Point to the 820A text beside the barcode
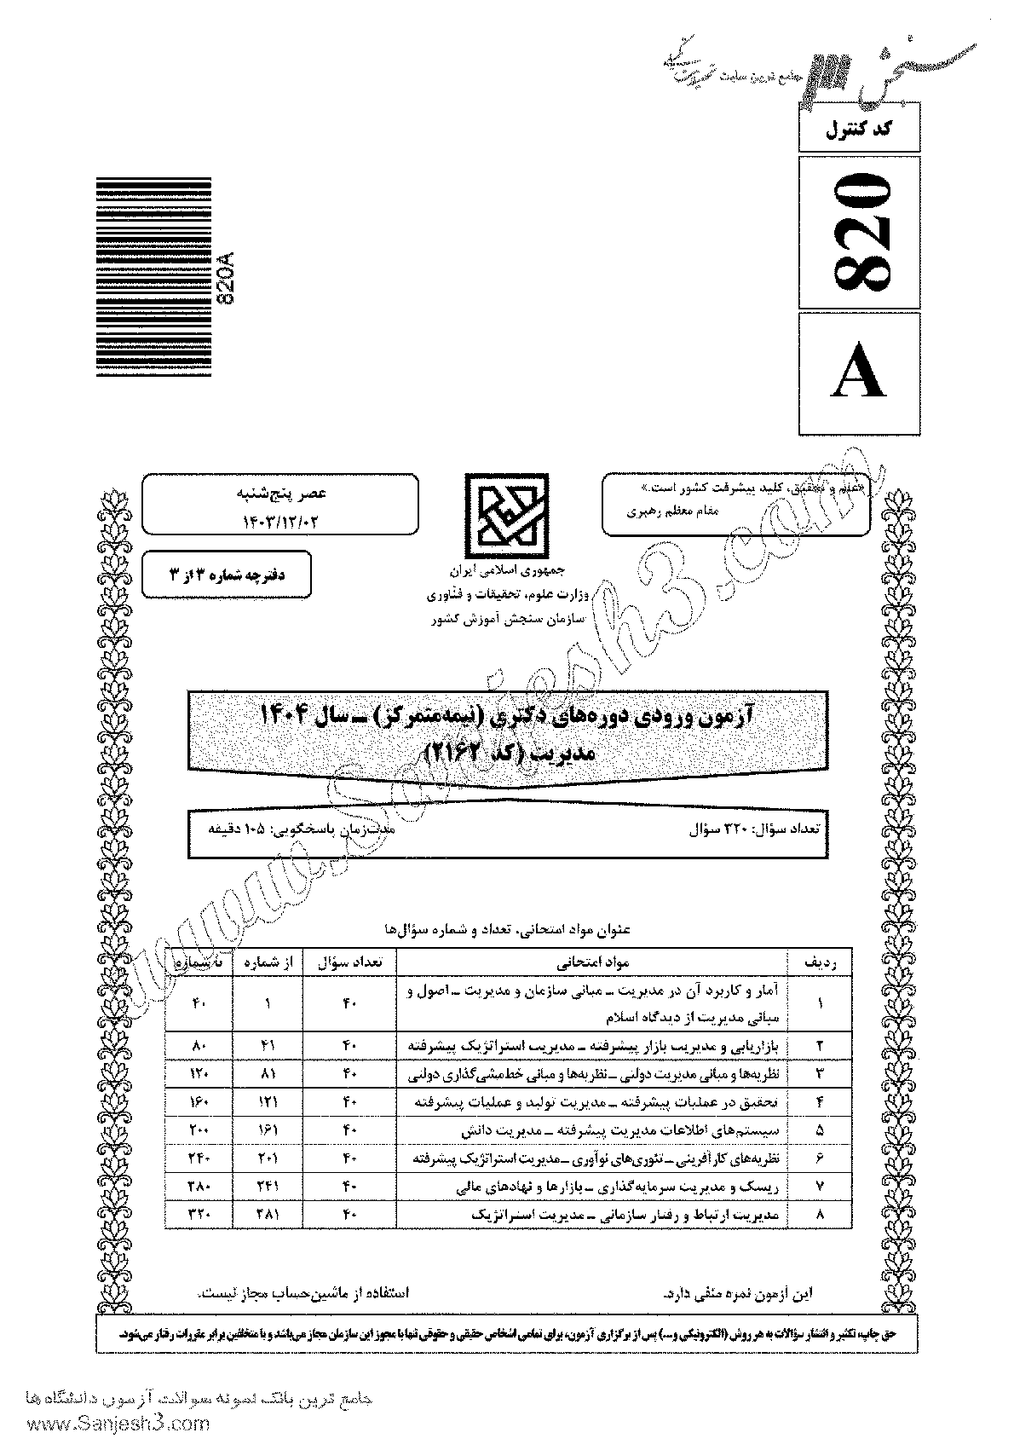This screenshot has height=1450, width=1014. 226,281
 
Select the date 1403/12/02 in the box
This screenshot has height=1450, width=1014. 280,517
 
